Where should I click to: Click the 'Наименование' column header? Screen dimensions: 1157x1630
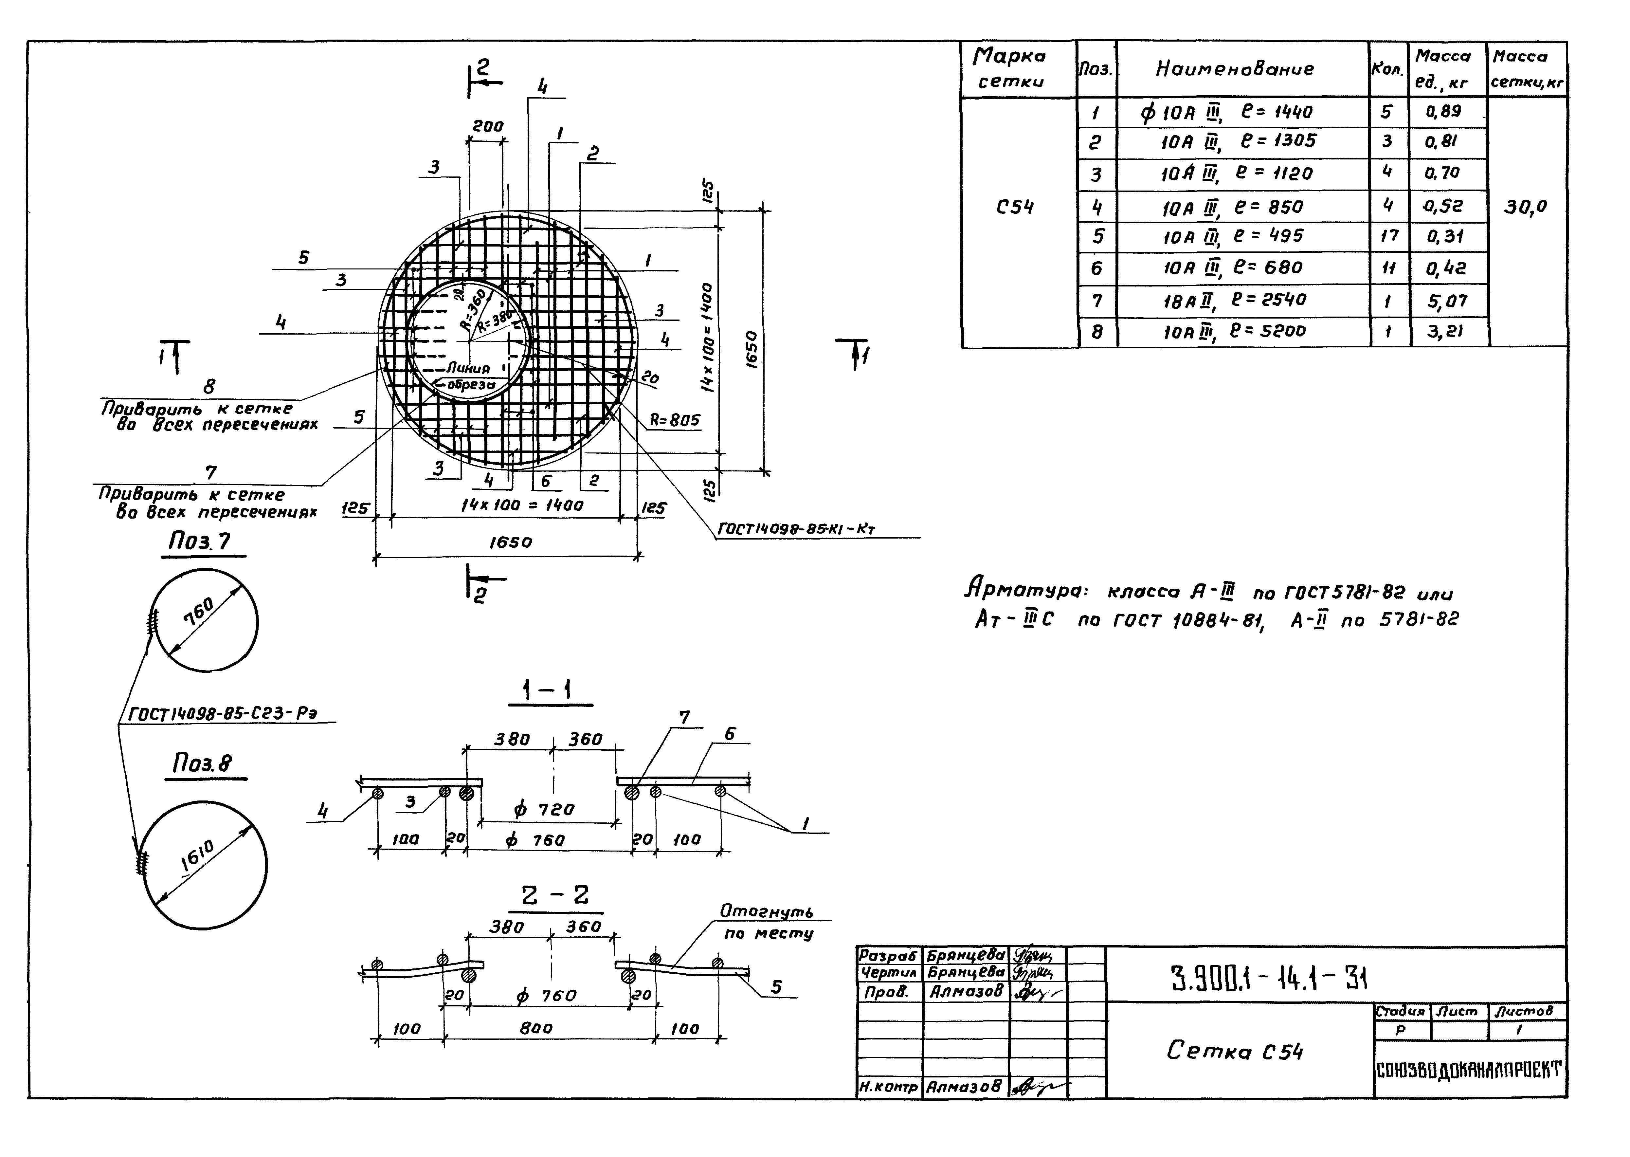[1234, 69]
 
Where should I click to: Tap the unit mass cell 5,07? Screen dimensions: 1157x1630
[1446, 301]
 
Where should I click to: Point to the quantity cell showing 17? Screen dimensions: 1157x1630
[1388, 236]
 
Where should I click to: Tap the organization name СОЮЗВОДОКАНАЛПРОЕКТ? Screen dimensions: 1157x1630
[1469, 1070]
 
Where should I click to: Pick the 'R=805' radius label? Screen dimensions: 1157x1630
[674, 420]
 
